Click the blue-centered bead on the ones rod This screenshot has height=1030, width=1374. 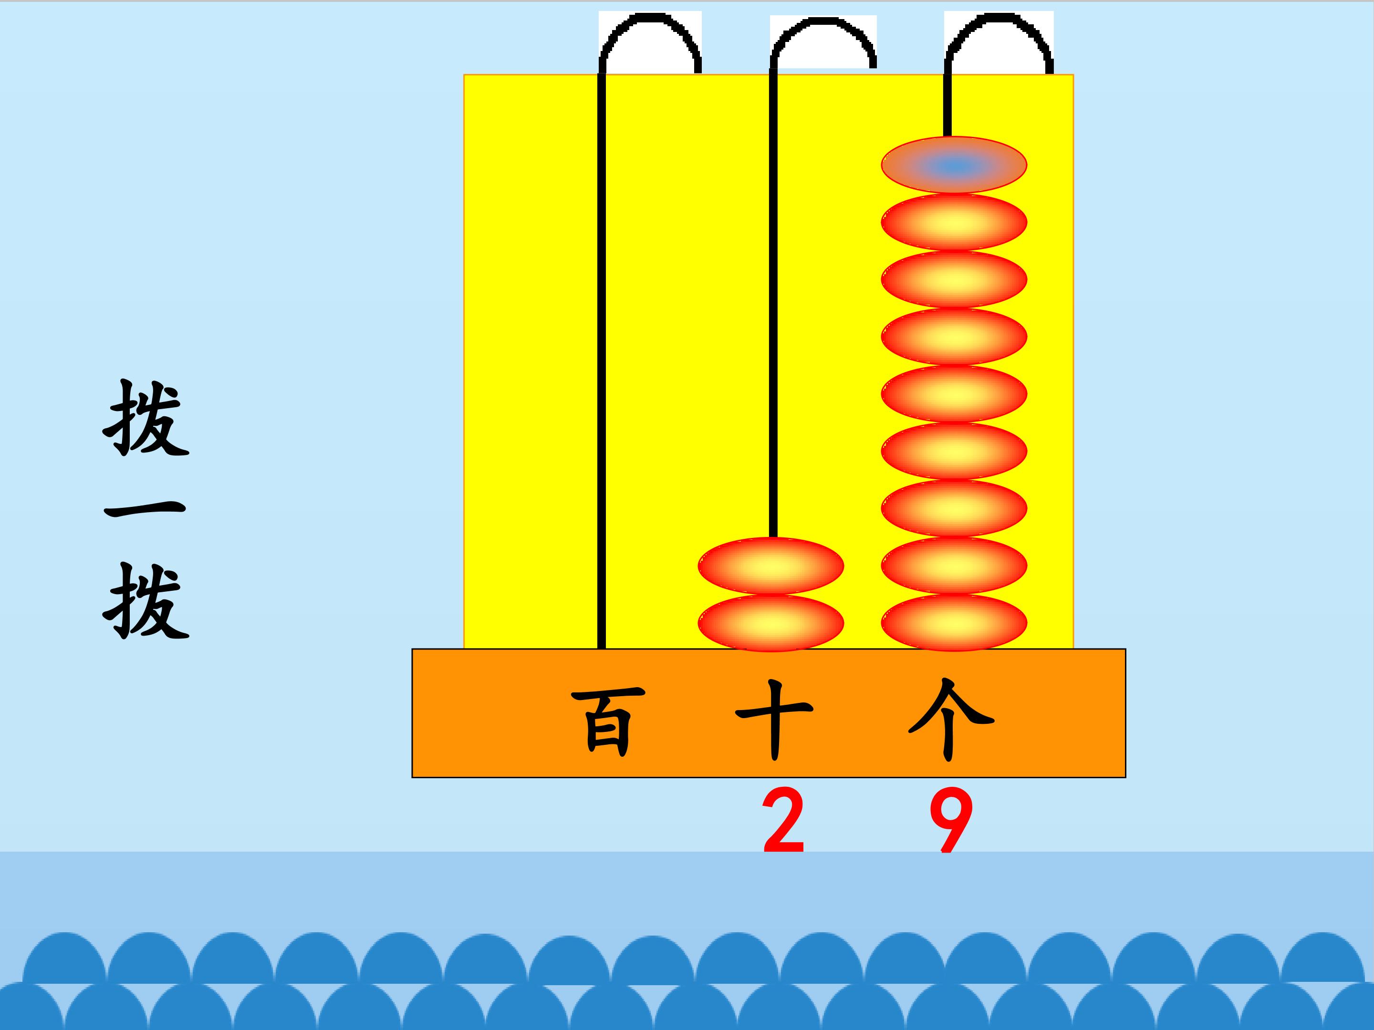click(954, 165)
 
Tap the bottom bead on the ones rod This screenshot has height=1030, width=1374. click(954, 623)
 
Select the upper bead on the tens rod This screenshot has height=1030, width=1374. click(771, 566)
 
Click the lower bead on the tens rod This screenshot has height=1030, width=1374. click(771, 623)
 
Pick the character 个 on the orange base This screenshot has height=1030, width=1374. click(951, 720)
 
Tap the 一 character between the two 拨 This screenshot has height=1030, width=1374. click(145, 511)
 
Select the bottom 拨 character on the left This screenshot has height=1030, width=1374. click(146, 601)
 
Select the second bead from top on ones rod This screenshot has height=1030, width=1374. click(954, 222)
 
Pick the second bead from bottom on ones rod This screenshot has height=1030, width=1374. click(954, 566)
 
